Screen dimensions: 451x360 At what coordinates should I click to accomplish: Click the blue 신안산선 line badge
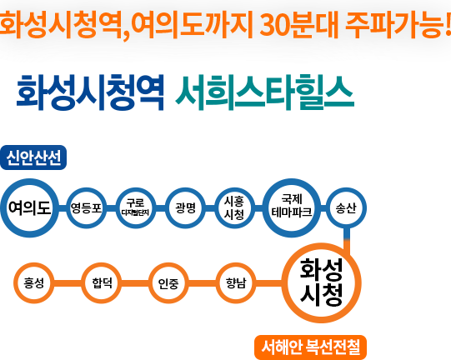click(x=33, y=157)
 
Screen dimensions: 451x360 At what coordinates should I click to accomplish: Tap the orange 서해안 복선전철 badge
click(x=311, y=347)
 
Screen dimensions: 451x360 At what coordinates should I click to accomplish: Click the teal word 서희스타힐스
click(x=264, y=92)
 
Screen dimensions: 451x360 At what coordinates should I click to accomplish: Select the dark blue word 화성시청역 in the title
click(x=90, y=92)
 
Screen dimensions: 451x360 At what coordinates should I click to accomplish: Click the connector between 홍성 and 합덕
click(x=68, y=283)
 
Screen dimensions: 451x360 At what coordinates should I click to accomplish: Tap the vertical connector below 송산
click(x=347, y=241)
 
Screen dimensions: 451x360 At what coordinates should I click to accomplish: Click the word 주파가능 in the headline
click(x=394, y=24)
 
